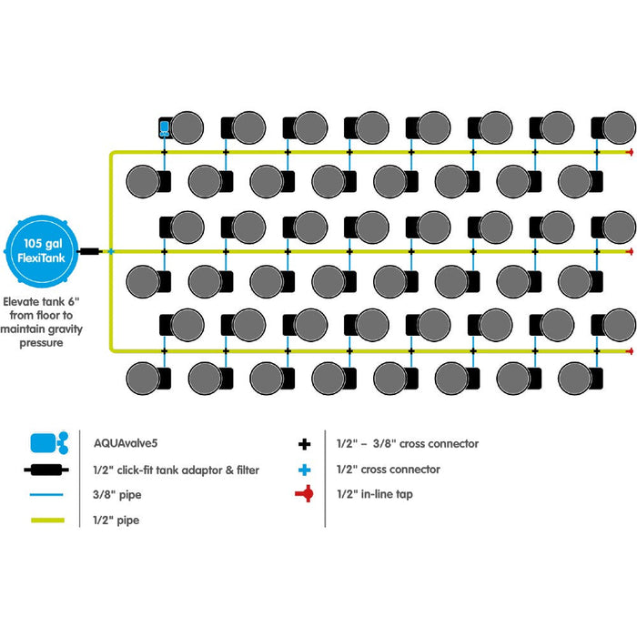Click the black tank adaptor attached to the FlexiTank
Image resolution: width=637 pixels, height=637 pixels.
[90, 250]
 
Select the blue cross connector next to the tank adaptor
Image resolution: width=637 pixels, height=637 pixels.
[110, 250]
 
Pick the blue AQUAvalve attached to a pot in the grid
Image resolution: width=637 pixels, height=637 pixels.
[165, 126]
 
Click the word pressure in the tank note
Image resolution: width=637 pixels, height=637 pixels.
[42, 345]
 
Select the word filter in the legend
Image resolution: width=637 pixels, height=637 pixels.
[244, 470]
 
